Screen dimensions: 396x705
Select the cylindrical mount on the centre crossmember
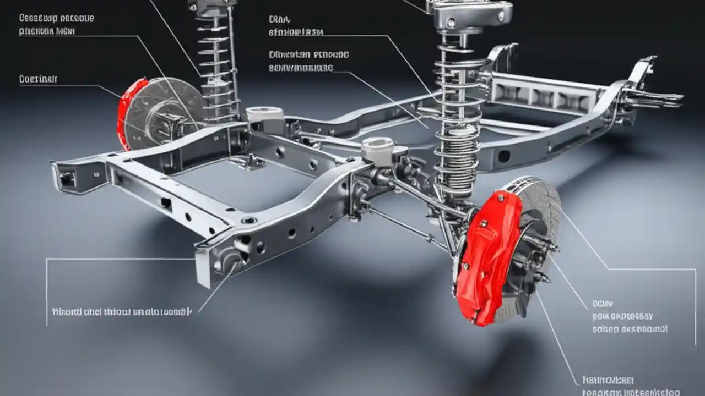point(378,150)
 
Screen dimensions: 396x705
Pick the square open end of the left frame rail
point(66,178)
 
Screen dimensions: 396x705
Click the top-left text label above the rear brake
point(56,25)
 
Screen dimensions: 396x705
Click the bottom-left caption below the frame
point(121,312)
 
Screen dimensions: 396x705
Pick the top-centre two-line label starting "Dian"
point(296,26)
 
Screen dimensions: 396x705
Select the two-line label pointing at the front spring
point(308,61)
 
